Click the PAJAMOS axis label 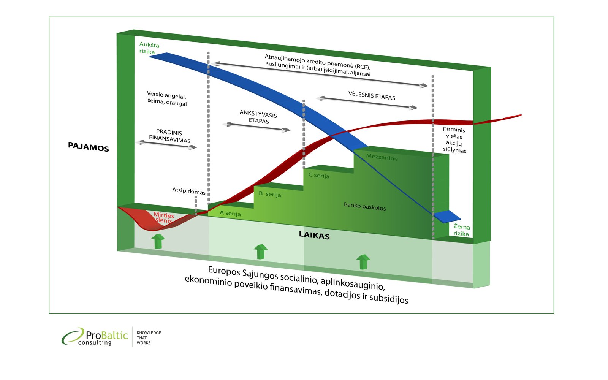(x=88, y=147)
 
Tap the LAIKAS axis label (x=314, y=235)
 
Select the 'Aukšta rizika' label (x=149, y=48)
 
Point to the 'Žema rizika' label (x=461, y=230)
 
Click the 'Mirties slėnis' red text (x=164, y=218)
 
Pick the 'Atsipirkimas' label (x=188, y=191)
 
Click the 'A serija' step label (x=230, y=213)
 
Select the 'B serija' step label (x=270, y=194)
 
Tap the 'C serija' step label (x=319, y=175)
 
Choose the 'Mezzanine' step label (x=382, y=157)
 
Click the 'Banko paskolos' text (x=364, y=206)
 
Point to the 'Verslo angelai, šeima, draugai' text (x=167, y=98)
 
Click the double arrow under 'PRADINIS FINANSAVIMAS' (x=166, y=145)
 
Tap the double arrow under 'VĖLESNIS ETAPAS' (x=367, y=103)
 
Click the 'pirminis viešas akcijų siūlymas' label (x=454, y=140)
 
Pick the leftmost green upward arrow (x=158, y=241)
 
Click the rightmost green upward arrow (x=363, y=262)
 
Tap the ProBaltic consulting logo (x=95, y=337)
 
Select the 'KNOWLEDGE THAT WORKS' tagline (x=149, y=337)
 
